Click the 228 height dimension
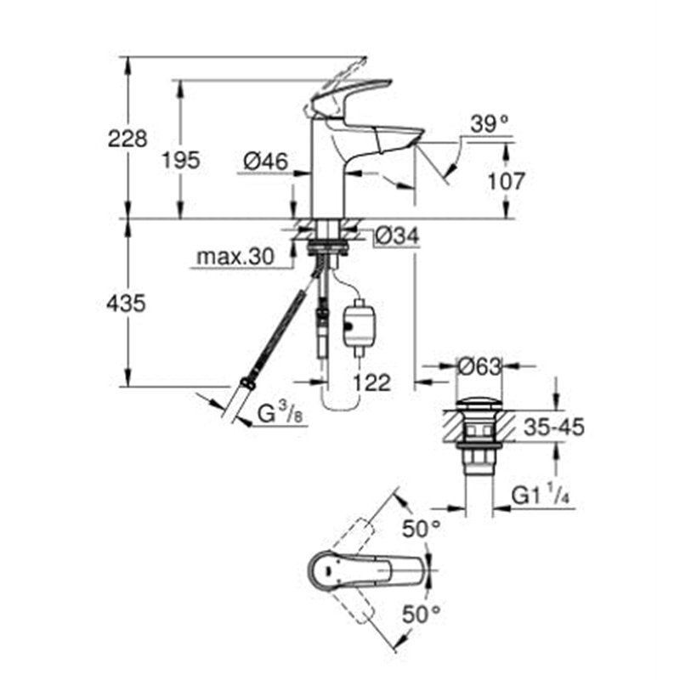pos(127,138)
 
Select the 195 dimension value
pos(180,159)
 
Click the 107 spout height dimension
pos(507,180)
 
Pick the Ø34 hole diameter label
pos(396,237)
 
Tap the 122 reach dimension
pos(372,383)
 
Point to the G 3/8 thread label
pos(278,414)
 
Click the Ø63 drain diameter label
pos(479,367)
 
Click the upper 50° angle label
pos(422,529)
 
